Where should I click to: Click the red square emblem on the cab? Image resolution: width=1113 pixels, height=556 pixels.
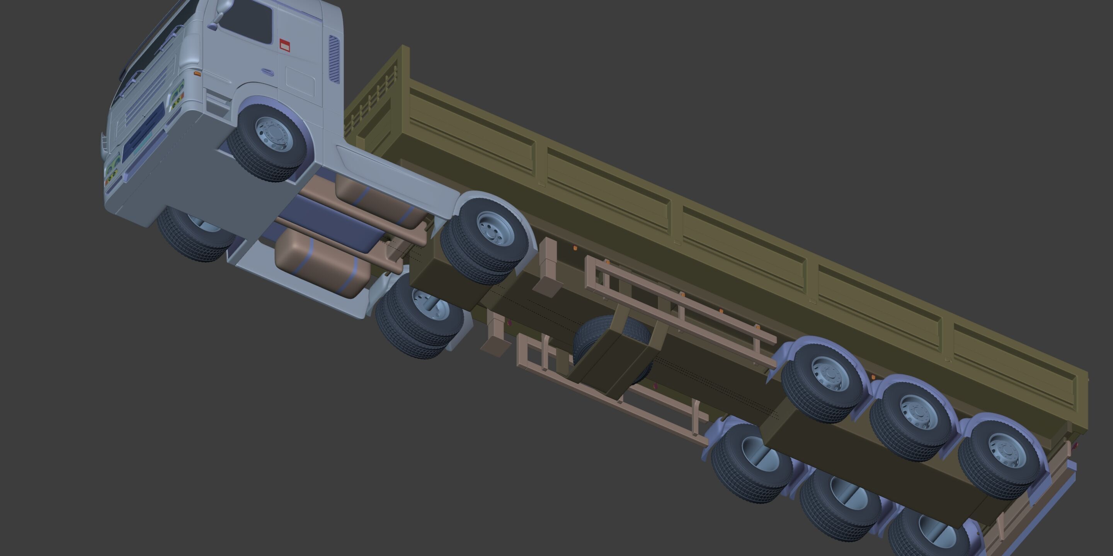pos(284,45)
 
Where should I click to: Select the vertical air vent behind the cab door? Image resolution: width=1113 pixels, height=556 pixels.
pos(334,59)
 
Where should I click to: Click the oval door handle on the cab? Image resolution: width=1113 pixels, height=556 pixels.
pos(267,72)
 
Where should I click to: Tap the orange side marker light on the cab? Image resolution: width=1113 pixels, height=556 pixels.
pos(197,74)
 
